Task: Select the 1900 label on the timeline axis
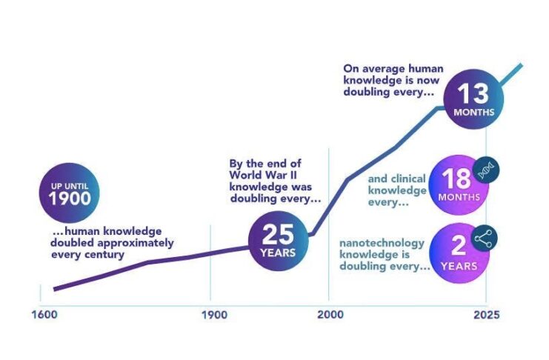click(215, 314)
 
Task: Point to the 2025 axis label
click(485, 314)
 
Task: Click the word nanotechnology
click(381, 243)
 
